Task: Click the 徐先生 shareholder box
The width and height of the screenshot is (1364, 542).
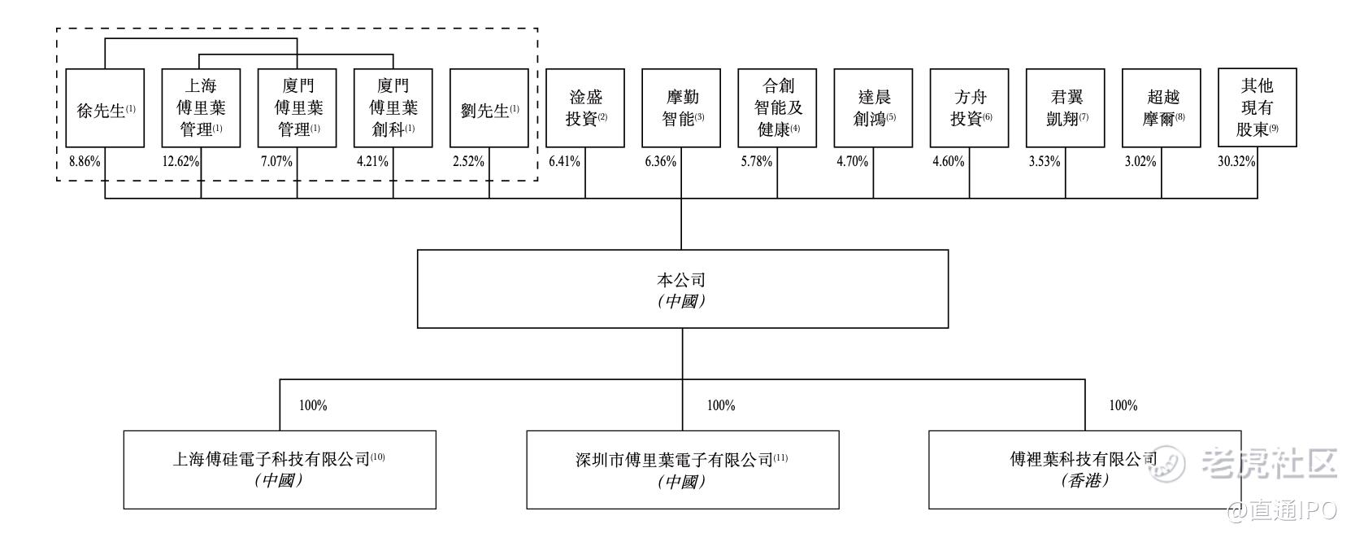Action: click(x=105, y=108)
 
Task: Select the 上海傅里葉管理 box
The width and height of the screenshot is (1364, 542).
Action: click(x=201, y=108)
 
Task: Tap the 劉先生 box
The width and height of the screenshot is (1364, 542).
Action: click(x=489, y=108)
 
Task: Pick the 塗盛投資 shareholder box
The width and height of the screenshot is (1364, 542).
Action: click(x=585, y=108)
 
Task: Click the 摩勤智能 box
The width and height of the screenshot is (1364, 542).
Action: click(x=681, y=108)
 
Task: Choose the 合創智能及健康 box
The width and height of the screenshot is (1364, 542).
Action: click(x=777, y=108)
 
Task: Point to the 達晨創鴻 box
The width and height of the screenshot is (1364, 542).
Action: click(x=873, y=108)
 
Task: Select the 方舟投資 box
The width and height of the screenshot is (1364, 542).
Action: click(x=969, y=108)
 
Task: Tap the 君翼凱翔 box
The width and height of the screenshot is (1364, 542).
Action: click(x=1065, y=108)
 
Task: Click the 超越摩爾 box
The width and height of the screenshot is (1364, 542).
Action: click(x=1161, y=108)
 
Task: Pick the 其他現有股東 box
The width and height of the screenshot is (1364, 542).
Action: click(x=1257, y=107)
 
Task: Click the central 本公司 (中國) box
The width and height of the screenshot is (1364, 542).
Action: click(x=682, y=289)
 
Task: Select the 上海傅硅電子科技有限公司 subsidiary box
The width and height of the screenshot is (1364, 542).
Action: click(x=280, y=470)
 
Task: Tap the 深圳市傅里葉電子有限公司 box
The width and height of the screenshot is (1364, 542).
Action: click(x=682, y=470)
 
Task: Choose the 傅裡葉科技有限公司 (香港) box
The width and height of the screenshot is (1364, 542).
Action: click(x=1084, y=470)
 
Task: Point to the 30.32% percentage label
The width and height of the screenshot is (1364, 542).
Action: click(x=1236, y=161)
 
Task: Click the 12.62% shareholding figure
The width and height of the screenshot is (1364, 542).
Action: click(x=180, y=161)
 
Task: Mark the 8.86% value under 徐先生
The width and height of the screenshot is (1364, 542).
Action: click(x=85, y=161)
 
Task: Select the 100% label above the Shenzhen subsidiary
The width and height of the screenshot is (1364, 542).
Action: click(x=720, y=405)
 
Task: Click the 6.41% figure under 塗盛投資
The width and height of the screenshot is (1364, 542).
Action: click(x=564, y=161)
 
